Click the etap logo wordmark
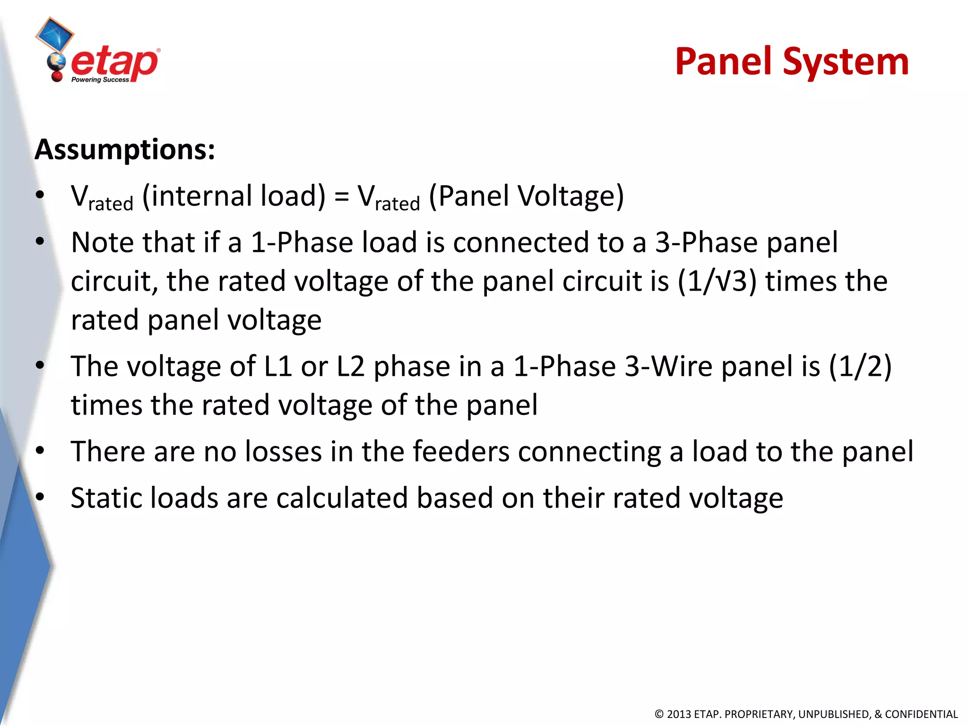coord(114,63)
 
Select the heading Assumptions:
coord(125,150)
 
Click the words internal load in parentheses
coord(234,196)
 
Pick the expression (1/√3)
coord(717,282)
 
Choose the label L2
coord(351,367)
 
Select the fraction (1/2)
coord(860,367)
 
